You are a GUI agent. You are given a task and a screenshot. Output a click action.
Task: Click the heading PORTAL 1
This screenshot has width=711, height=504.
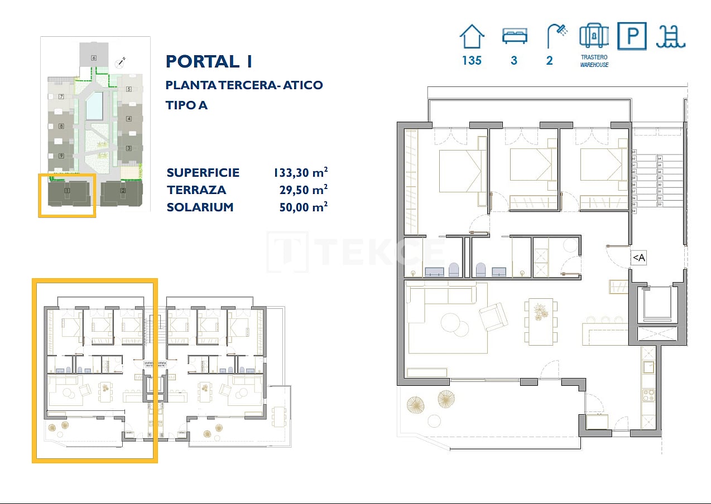[x=209, y=61]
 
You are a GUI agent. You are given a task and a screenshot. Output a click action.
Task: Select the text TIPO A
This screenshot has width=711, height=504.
[x=186, y=105]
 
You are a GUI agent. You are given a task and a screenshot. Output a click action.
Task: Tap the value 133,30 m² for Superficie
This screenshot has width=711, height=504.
[x=300, y=172]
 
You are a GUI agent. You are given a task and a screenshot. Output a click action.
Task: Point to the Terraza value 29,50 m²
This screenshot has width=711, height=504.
[x=303, y=190]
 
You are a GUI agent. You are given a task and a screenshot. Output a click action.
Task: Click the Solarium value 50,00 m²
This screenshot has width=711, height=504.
[x=303, y=207]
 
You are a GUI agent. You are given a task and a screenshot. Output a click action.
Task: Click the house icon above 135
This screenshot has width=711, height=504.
[x=472, y=37]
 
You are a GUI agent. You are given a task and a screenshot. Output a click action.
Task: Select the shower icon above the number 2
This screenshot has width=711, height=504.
[x=556, y=36]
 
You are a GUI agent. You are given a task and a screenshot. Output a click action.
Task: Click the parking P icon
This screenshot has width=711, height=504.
[x=632, y=36]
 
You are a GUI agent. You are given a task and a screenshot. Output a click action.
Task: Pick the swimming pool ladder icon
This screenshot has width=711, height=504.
[x=671, y=37]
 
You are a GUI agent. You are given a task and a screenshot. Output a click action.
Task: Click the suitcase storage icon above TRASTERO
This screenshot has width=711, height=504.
[x=593, y=36]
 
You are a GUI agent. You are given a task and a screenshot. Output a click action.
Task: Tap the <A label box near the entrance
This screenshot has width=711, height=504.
[x=638, y=258]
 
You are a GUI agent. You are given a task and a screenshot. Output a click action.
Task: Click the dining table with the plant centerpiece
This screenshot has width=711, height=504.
[x=540, y=321]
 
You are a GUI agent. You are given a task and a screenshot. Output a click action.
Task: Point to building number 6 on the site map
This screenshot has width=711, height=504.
[x=94, y=57]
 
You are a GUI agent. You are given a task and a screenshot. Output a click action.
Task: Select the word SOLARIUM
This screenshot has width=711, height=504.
[x=200, y=207]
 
